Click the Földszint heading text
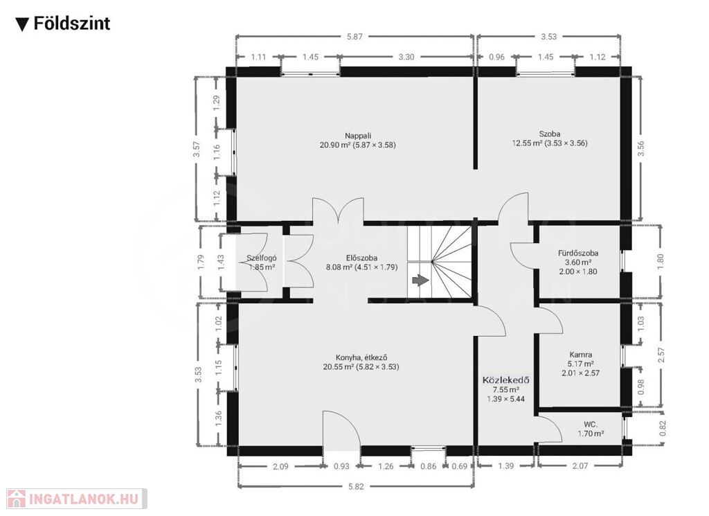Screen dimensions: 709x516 72,23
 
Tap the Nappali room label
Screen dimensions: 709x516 358,136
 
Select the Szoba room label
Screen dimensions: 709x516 549,134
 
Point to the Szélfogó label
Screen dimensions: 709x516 261,258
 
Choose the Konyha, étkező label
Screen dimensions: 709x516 361,357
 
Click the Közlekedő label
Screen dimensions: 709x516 505,380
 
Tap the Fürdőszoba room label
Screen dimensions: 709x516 578,253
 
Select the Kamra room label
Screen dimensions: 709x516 581,355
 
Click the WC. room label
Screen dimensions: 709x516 591,425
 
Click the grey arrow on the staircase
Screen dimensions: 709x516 420,281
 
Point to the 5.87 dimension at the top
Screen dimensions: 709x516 354,37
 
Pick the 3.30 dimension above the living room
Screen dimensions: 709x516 406,57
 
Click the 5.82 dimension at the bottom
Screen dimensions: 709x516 356,487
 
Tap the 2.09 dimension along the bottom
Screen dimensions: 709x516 280,466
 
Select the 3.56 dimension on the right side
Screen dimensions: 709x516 640,149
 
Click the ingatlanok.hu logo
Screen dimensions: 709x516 76,499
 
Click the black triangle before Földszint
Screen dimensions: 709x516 22,25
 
